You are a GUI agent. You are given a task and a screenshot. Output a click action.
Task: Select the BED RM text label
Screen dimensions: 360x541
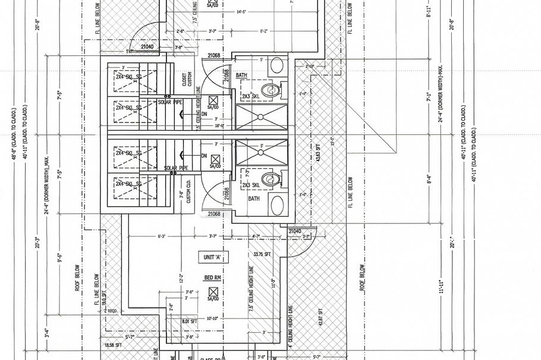click(212, 278)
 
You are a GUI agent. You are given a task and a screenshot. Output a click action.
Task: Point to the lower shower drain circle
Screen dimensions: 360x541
click(260, 151)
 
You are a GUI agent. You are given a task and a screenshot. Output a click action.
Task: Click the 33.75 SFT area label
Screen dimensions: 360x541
click(262, 255)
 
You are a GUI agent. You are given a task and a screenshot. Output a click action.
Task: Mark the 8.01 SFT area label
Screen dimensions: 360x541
click(189, 321)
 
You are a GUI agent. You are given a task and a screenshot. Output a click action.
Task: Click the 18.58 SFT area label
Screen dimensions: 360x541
click(112, 345)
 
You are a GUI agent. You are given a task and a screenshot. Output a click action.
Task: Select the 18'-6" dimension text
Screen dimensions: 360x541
click(218, 126)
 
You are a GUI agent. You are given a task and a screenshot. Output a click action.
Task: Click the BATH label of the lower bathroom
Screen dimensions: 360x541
click(254, 198)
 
